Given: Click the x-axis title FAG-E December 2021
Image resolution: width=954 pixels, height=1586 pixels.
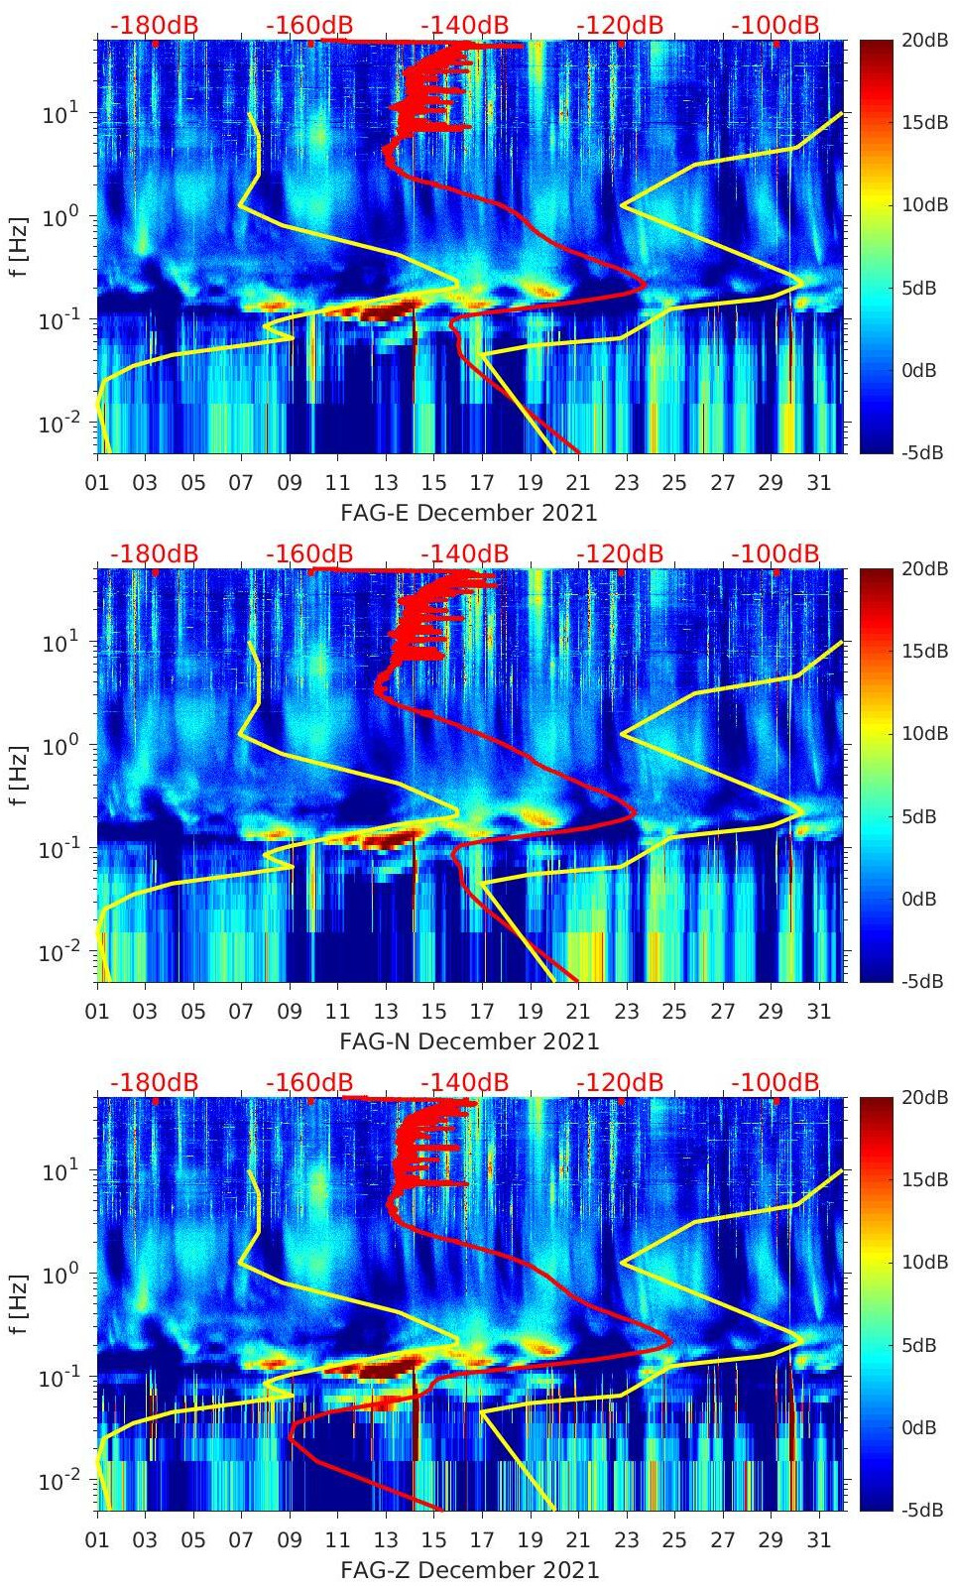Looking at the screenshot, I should (469, 513).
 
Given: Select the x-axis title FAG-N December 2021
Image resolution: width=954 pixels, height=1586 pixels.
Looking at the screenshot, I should (469, 1041).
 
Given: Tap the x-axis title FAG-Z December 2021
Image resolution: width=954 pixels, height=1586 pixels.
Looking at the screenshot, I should (469, 1570).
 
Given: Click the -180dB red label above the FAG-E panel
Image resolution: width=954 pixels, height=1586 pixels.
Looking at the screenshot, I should (155, 25).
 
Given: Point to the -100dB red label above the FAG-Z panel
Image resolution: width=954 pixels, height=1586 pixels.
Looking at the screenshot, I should (775, 1082).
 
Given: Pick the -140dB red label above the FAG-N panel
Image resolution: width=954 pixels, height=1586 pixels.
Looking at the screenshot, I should (465, 553).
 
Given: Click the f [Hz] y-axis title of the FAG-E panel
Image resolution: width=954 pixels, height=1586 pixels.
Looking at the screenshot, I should (20, 246).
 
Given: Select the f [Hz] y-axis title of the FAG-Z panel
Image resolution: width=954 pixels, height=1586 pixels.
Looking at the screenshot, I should (20, 1303).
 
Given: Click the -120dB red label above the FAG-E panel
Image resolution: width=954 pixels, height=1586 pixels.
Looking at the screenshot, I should (620, 25).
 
